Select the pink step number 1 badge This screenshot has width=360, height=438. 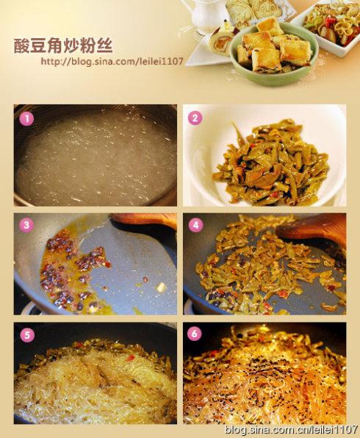tap(27, 117)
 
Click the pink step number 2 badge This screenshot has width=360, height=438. tap(195, 117)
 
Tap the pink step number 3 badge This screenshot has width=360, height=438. tap(27, 225)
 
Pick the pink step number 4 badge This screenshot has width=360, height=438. tap(195, 225)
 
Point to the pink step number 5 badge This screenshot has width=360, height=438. tap(27, 334)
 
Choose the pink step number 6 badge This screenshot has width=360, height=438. tap(195, 334)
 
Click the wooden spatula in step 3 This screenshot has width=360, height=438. tap(143, 219)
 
